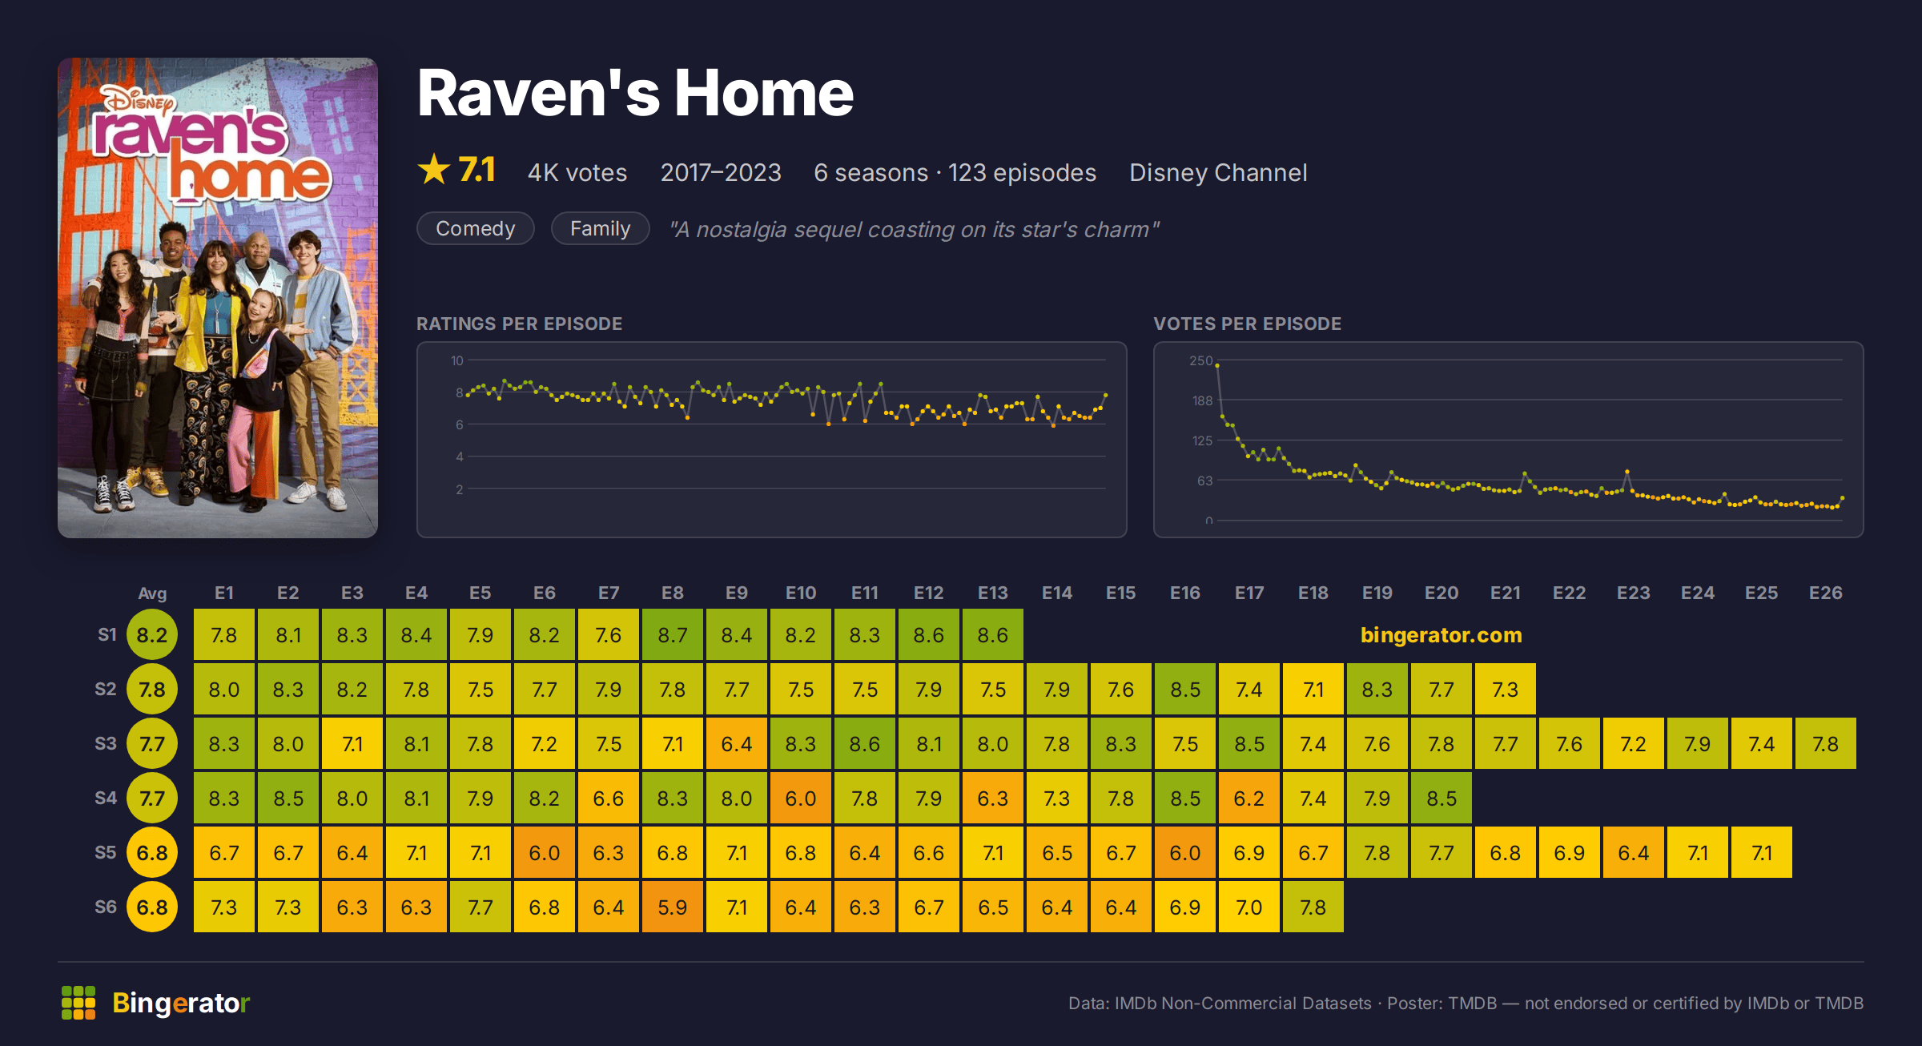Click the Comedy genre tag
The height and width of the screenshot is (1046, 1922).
point(476,229)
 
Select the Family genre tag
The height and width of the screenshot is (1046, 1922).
point(600,229)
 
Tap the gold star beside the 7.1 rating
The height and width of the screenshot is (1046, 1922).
point(434,169)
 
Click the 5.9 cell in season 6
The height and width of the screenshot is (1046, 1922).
point(673,907)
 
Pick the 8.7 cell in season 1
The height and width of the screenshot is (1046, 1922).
point(673,634)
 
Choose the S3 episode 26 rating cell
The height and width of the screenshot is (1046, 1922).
point(1826,743)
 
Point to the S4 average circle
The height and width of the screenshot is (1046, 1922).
point(152,798)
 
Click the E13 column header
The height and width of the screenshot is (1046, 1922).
point(993,593)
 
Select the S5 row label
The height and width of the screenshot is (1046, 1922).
point(106,852)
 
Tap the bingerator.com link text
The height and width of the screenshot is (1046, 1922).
point(1441,635)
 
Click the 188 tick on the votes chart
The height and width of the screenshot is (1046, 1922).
point(1202,400)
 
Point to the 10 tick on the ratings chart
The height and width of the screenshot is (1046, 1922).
point(457,360)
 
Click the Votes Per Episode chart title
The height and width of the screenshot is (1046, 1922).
point(1248,324)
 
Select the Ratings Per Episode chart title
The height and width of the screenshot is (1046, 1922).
point(520,324)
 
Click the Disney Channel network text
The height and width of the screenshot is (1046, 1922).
point(1218,173)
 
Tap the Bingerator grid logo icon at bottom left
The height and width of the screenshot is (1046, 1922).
point(78,1003)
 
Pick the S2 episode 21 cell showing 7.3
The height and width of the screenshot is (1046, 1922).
point(1506,689)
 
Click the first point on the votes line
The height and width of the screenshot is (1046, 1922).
point(1217,365)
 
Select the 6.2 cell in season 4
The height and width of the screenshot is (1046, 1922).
point(1249,798)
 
